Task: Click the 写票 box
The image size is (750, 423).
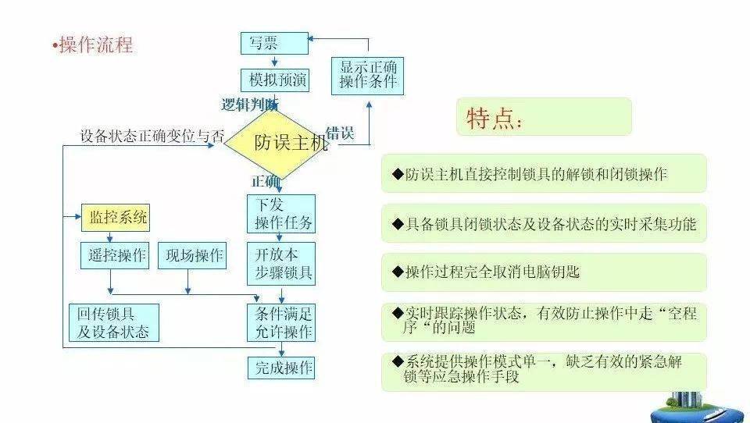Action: tap(274, 43)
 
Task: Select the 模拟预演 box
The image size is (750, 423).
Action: tap(274, 80)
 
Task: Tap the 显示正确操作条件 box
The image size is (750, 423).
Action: tap(367, 76)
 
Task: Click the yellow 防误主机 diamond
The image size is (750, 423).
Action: tap(277, 144)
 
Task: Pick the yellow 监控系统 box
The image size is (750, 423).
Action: tap(116, 218)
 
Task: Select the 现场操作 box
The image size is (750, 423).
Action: tap(192, 255)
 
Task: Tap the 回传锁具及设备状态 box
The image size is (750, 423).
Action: tap(114, 322)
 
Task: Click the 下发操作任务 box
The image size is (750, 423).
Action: tap(281, 214)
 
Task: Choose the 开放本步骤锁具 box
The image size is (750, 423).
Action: tap(281, 263)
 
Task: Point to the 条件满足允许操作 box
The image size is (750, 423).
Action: tap(281, 322)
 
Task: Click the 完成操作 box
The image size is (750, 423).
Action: tap(281, 368)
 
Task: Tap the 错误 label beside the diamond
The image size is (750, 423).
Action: tap(340, 133)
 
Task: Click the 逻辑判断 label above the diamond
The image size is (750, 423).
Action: tap(249, 105)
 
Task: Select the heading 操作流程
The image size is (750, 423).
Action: tap(93, 45)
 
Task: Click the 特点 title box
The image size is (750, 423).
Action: tap(544, 116)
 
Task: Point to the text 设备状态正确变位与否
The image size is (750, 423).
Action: tap(152, 136)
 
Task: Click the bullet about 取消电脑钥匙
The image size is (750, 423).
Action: tap(544, 272)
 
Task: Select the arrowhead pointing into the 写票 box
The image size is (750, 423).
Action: tap(311, 38)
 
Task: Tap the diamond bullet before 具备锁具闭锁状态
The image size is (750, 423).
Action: tap(398, 224)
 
